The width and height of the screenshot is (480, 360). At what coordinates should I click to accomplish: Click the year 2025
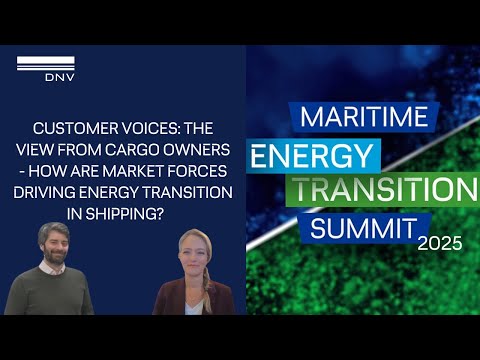[442, 243]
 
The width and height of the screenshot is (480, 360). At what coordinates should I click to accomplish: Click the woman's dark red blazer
[171, 300]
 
